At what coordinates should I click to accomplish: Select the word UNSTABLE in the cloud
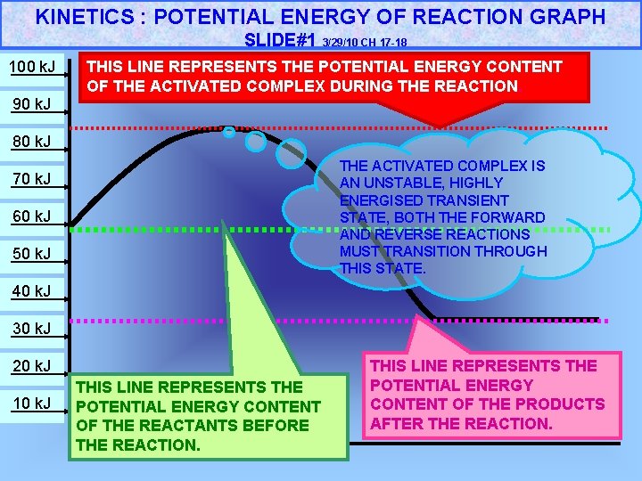point(408,183)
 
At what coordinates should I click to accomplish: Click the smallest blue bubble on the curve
point(229,133)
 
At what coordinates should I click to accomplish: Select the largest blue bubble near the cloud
point(291,153)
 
